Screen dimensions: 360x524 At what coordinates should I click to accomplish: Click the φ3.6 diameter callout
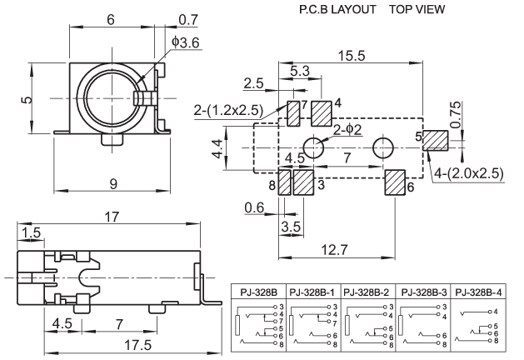[x=186, y=42]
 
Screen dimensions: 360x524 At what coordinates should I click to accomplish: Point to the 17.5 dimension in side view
[x=121, y=343]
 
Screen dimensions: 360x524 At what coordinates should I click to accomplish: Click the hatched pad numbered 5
[x=436, y=140]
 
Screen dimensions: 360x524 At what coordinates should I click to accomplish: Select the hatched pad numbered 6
[x=394, y=183]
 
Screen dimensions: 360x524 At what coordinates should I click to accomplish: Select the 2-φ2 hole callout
[x=348, y=129]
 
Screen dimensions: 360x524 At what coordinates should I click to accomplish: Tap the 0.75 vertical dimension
[x=454, y=114]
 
